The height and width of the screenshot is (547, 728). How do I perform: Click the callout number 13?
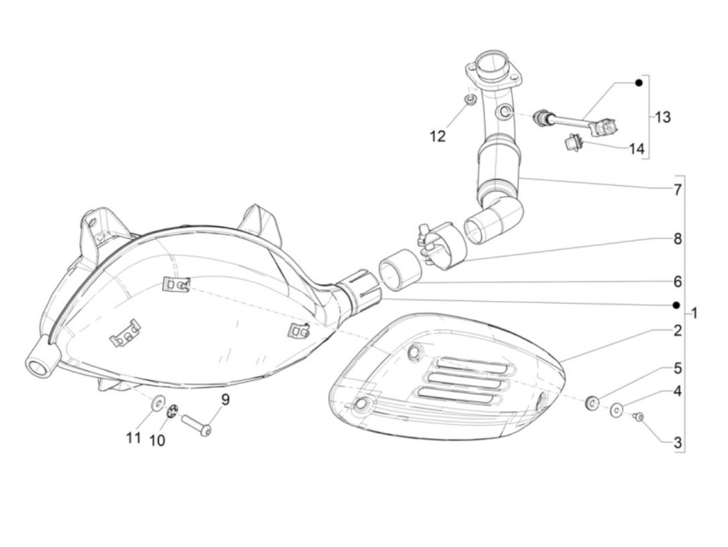pyautogui.click(x=662, y=117)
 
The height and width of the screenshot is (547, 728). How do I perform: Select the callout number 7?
pyautogui.click(x=677, y=190)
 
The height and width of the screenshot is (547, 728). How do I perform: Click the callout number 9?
pyautogui.click(x=225, y=400)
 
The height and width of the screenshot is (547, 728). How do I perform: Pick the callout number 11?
pyautogui.click(x=134, y=438)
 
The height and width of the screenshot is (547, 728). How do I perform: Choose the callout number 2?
pyautogui.click(x=677, y=330)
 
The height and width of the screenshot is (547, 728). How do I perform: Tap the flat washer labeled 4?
pyautogui.click(x=616, y=410)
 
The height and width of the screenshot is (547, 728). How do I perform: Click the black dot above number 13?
pyautogui.click(x=639, y=83)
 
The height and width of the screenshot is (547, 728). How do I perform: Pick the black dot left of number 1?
pyautogui.click(x=677, y=305)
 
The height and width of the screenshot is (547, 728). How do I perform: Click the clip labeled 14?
pyautogui.click(x=573, y=141)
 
